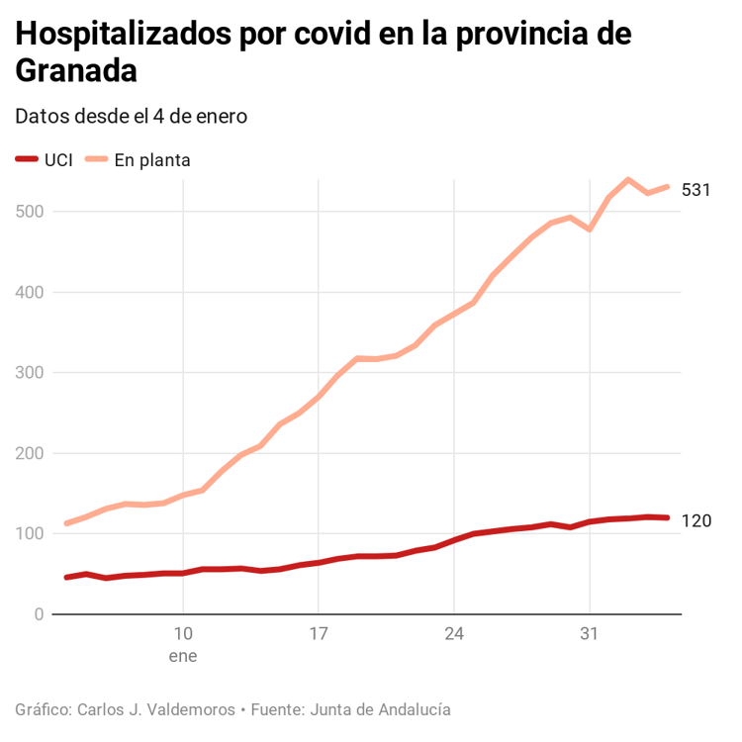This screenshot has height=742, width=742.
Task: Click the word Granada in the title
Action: click(x=76, y=72)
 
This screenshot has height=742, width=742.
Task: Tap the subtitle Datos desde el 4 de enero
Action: click(x=131, y=117)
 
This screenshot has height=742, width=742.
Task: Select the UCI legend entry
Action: click(x=57, y=159)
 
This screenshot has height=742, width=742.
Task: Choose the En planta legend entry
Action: click(x=151, y=159)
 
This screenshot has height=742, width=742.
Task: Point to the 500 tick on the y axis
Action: click(x=30, y=212)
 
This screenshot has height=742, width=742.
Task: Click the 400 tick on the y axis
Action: click(x=30, y=292)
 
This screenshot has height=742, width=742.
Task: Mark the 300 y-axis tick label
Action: click(x=30, y=373)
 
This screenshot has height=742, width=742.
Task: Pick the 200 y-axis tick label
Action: click(x=30, y=453)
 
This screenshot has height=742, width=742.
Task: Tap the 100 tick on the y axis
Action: click(x=30, y=534)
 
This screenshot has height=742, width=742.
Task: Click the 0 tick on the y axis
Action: click(x=38, y=614)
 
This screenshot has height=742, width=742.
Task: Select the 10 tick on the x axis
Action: click(x=183, y=633)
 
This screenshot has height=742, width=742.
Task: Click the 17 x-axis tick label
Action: click(x=318, y=633)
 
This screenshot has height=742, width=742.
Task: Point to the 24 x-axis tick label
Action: click(x=454, y=633)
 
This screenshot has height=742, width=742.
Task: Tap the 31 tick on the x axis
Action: click(x=590, y=633)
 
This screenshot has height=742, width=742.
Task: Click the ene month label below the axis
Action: click(x=183, y=655)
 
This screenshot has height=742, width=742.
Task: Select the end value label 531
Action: click(x=696, y=189)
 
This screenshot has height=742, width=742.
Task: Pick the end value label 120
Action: click(x=696, y=520)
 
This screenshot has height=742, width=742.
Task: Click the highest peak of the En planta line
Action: click(x=628, y=180)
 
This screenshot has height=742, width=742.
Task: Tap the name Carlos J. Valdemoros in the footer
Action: click(x=156, y=709)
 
